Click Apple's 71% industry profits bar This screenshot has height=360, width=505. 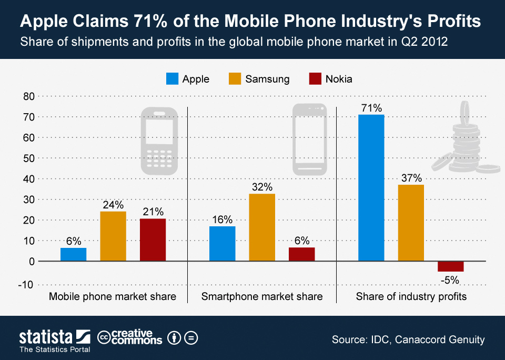pos(371,188)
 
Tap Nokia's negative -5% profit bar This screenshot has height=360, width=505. pos(451,266)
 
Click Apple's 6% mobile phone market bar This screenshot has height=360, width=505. pos(73,254)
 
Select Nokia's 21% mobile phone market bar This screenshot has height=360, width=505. pos(153,239)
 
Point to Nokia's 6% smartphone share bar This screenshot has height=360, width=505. pos(302,254)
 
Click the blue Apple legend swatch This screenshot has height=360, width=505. pos(172,79)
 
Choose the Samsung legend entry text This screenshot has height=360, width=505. pos(267,79)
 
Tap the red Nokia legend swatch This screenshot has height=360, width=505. pos(315,79)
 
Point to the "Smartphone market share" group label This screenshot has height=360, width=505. pos(262,297)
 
